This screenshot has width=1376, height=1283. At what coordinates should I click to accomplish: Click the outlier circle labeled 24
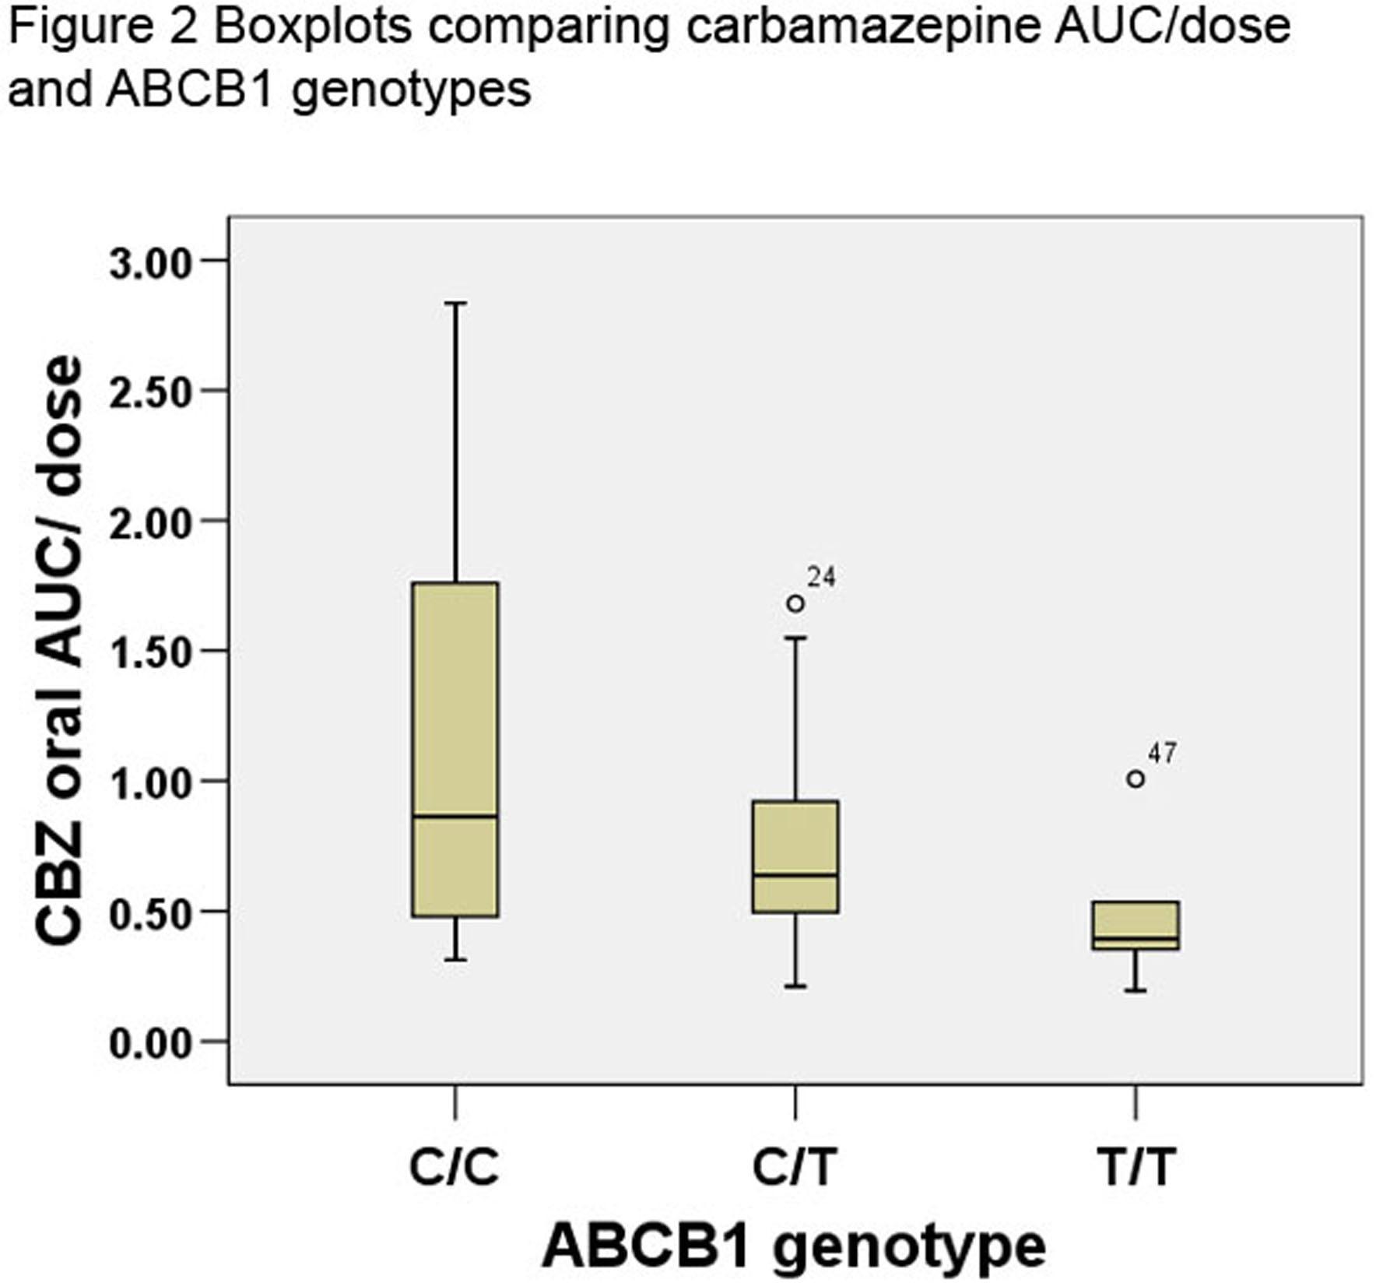coord(795,603)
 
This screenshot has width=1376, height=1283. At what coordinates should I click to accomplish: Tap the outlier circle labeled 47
coord(1136,779)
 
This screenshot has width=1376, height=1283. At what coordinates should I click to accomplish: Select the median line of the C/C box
coord(455,816)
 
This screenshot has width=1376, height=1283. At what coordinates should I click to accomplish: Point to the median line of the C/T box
coord(795,874)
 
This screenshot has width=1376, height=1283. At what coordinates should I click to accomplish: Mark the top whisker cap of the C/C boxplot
coord(455,304)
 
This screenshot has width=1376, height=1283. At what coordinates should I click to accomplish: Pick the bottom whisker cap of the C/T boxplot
coord(795,986)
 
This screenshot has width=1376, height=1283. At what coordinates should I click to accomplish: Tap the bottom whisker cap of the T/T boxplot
coord(1136,991)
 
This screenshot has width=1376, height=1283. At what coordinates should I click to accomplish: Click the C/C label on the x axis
coord(455,1167)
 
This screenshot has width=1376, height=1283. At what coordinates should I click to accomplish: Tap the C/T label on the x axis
coord(795,1167)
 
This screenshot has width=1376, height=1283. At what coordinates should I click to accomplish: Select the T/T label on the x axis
coord(1136,1167)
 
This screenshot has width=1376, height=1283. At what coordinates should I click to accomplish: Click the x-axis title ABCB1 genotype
coord(794,1246)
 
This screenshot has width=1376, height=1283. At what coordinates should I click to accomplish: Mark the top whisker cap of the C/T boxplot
coord(795,638)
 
